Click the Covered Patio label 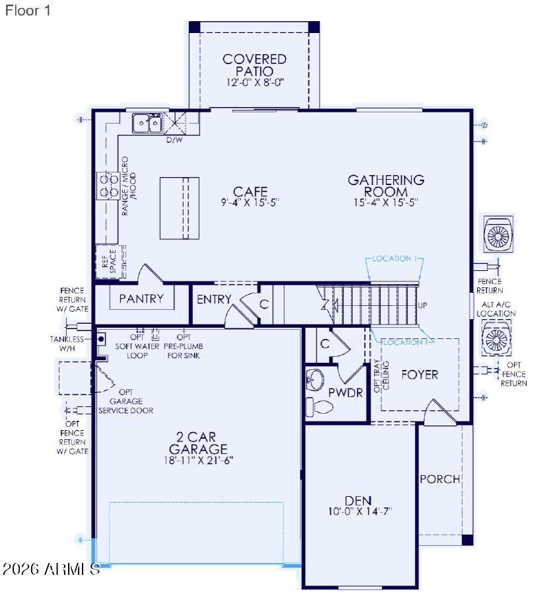pyautogui.click(x=254, y=65)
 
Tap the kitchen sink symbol pyautogui.click(x=147, y=123)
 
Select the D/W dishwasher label pyautogui.click(x=174, y=140)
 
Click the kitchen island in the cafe pyautogui.click(x=178, y=208)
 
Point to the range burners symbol pyautogui.click(x=108, y=186)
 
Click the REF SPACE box pyautogui.click(x=109, y=260)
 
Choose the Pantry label pyautogui.click(x=141, y=299)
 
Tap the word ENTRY pyautogui.click(x=214, y=299)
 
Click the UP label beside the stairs pyautogui.click(x=423, y=306)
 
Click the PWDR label pyautogui.click(x=346, y=392)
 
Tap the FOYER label pyautogui.click(x=420, y=375)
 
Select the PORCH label pyautogui.click(x=439, y=479)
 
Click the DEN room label pyautogui.click(x=358, y=500)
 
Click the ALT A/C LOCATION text pyautogui.click(x=496, y=309)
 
